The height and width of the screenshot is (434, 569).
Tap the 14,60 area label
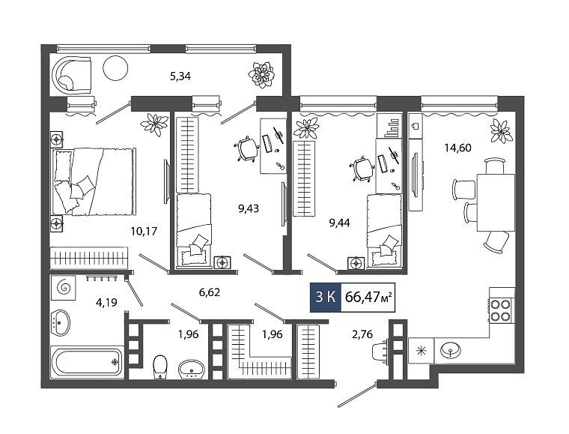[457, 148]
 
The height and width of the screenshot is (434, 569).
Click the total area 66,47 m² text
[368, 297]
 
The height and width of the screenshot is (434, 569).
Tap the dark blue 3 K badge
[325, 297]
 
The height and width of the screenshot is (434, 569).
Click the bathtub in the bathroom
[86, 362]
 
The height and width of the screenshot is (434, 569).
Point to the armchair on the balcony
[72, 73]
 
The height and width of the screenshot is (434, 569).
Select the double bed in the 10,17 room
[94, 181]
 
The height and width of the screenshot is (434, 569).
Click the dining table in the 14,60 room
[496, 202]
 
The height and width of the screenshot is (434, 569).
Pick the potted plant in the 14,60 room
[501, 130]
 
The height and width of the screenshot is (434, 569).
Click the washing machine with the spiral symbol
[64, 286]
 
